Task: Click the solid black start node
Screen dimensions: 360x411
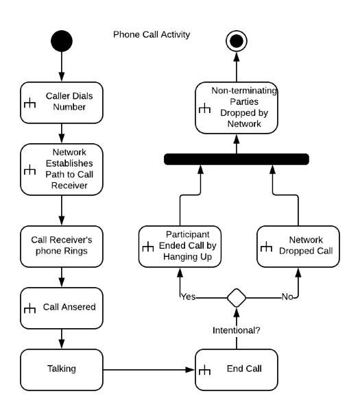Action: pos(62,41)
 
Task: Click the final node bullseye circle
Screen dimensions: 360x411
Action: pos(237,41)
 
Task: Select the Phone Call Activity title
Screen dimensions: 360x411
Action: pos(152,35)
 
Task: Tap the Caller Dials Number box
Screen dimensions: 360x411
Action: pos(62,103)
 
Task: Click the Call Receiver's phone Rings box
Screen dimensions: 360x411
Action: pos(62,247)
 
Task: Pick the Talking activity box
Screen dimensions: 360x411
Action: pos(62,370)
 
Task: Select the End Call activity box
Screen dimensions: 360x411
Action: pos(237,370)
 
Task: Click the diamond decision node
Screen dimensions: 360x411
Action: pos(237,298)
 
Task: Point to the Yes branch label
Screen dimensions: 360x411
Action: pos(189,297)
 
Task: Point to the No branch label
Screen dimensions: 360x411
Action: pos(287,297)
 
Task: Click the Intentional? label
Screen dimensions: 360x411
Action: pos(237,330)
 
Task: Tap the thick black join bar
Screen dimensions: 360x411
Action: pos(237,159)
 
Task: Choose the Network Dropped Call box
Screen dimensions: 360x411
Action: pos(298,247)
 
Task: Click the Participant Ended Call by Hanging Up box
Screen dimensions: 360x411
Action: pos(180,247)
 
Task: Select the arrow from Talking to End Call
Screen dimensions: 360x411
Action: pos(149,370)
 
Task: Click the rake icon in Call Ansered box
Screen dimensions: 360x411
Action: pos(29,308)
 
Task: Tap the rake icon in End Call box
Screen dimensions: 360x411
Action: pos(204,370)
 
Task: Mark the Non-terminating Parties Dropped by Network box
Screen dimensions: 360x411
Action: pos(237,108)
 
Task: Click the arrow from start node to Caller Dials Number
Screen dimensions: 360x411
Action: pos(62,66)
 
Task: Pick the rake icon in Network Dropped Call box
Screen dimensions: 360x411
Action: pos(266,247)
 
